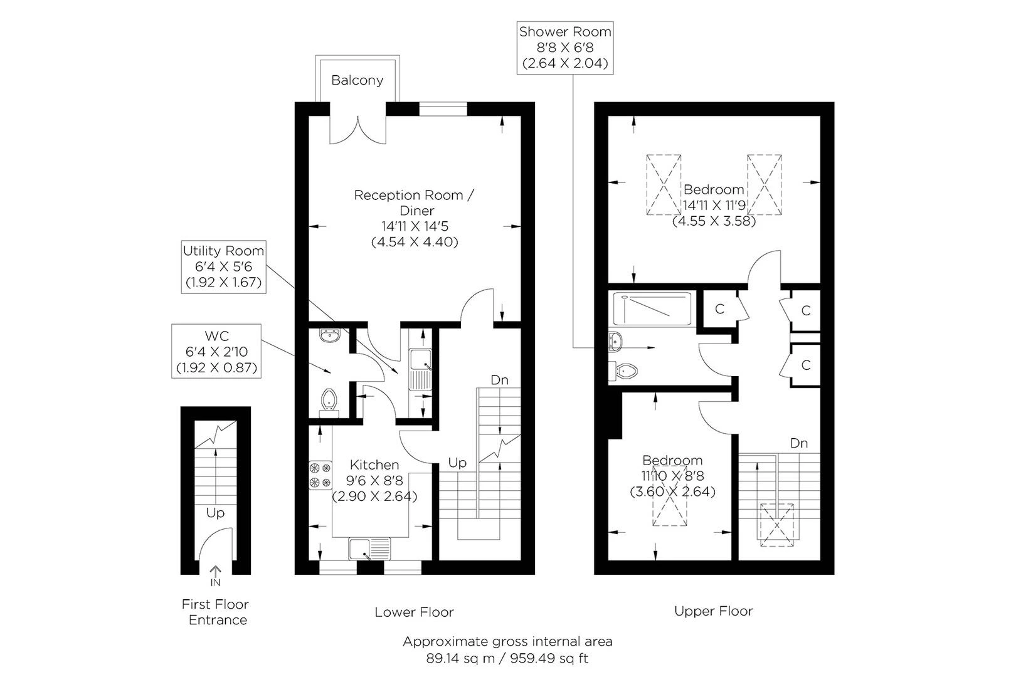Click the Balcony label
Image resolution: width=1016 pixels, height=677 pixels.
tap(357, 80)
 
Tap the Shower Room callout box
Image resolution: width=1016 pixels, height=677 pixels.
tap(564, 48)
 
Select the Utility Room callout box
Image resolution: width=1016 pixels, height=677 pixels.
tap(223, 266)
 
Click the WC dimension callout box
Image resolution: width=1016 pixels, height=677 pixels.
tap(216, 351)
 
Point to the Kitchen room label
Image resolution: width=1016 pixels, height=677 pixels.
tap(374, 465)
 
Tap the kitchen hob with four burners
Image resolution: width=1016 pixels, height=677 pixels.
tap(320, 475)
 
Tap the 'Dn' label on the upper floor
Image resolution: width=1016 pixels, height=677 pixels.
tap(798, 443)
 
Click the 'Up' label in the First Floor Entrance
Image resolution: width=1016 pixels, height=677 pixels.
tap(215, 513)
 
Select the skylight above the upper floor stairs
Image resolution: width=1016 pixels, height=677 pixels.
tap(778, 525)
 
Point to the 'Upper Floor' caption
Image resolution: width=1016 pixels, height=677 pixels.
tap(713, 611)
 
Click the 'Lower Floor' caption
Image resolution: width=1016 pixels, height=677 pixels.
tap(414, 612)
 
